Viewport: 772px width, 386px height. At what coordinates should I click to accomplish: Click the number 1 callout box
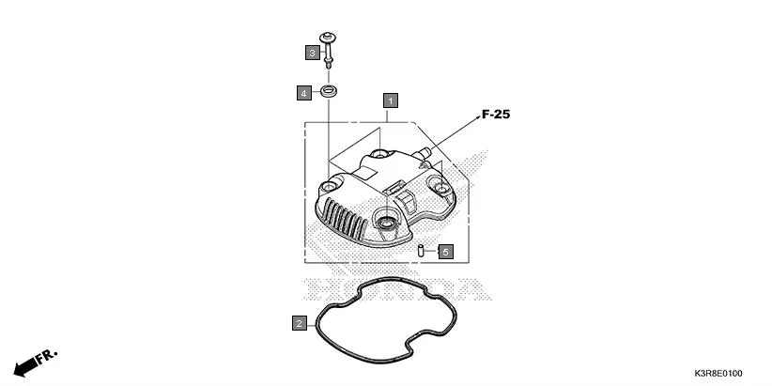pos(390,99)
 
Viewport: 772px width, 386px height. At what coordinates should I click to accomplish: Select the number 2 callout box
pos(299,324)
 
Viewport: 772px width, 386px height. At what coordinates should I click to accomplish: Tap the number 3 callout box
pos(311,53)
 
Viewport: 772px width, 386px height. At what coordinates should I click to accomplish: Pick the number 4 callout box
pos(304,93)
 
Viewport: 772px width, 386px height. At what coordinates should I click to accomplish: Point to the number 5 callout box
pos(445,252)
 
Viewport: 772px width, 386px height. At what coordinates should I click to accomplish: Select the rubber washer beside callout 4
pos(331,92)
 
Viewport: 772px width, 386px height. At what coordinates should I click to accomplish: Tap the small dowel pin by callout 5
pos(422,251)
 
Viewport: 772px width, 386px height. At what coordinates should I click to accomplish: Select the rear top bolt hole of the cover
pos(379,153)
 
